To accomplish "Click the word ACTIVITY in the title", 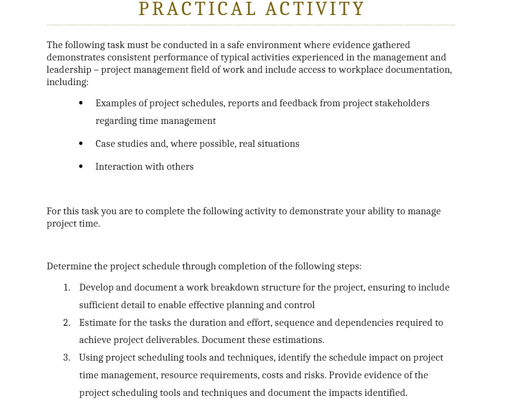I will click(315, 9).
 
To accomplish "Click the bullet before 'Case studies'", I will click(81, 144).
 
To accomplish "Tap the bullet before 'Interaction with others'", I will click(81, 167).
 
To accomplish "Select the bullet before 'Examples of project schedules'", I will click(81, 103).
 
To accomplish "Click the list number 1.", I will click(67, 288).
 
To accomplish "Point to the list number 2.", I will click(67, 323).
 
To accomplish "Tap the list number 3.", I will click(67, 357).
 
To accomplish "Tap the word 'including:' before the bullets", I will click(67, 82).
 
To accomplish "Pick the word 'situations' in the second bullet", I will click(278, 144).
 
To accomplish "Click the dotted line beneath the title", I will click(251, 25).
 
